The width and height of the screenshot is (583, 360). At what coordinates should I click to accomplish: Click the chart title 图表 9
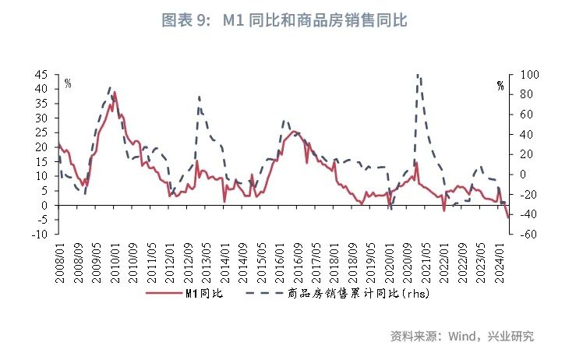(284, 21)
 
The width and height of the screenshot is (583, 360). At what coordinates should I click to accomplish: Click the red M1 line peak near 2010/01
(115, 92)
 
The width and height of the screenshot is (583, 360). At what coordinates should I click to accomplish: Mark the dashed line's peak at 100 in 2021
(419, 75)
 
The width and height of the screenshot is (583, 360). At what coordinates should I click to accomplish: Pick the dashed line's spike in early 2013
(199, 97)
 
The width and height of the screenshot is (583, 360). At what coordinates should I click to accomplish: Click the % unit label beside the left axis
(68, 83)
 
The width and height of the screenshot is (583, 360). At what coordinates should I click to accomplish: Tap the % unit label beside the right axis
(500, 86)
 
